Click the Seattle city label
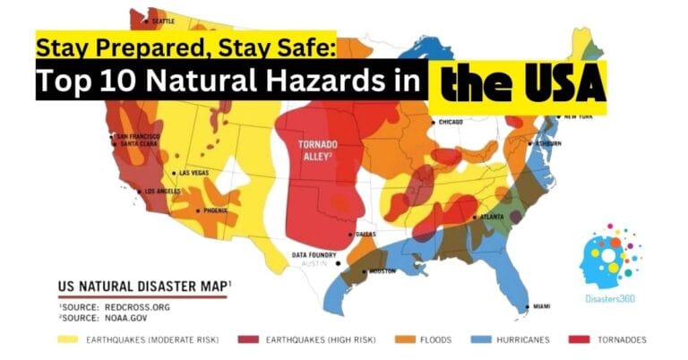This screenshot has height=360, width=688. point(162,21)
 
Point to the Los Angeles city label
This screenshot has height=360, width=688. point(162,192)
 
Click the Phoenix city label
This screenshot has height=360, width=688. point(215,211)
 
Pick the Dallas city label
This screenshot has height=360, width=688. point(365,234)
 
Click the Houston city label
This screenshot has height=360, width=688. point(381,271)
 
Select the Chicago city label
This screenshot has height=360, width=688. point(451,122)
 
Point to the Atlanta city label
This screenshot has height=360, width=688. point(491,218)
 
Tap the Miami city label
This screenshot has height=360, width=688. point(541,307)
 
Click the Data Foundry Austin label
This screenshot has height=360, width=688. point(314,260)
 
